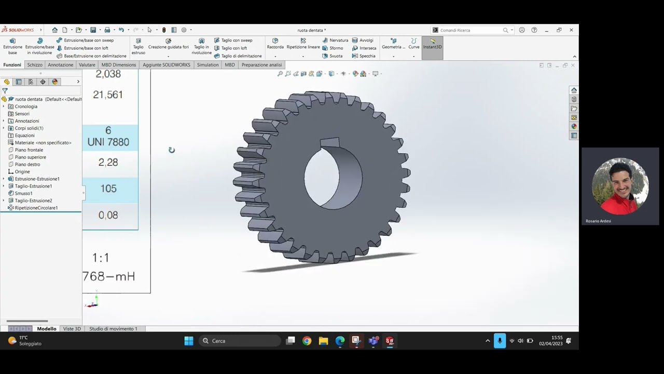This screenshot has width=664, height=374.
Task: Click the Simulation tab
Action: click(x=208, y=65)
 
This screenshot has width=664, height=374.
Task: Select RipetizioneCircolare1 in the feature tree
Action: click(x=36, y=208)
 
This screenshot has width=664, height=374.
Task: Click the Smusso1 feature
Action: click(x=23, y=193)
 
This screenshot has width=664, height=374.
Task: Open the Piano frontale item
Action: click(x=29, y=150)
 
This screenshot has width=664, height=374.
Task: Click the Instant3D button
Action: click(x=432, y=47)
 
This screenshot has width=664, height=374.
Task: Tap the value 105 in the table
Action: click(x=108, y=189)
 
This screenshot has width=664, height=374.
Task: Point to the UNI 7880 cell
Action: click(x=108, y=142)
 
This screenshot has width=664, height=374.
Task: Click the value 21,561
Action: click(x=108, y=95)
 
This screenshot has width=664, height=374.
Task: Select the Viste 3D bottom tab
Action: click(x=72, y=329)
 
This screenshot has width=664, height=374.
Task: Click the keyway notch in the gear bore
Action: click(x=330, y=142)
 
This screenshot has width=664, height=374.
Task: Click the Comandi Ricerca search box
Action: click(x=470, y=30)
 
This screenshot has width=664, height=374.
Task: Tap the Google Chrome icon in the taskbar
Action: click(x=307, y=341)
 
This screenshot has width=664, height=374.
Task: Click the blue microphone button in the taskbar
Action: click(x=500, y=341)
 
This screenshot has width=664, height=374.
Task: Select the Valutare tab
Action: click(x=87, y=65)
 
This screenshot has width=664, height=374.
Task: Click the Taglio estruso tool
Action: click(x=139, y=46)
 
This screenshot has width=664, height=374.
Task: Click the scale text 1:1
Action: click(x=101, y=258)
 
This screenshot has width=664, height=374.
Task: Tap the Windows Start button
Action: click(x=189, y=341)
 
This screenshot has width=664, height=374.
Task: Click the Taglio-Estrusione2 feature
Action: click(x=33, y=201)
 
